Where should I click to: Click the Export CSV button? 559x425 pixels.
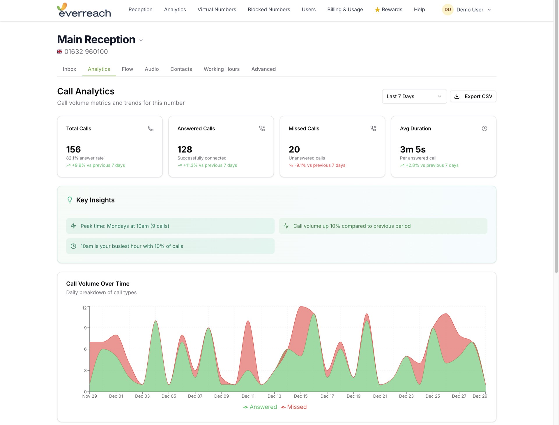(473, 96)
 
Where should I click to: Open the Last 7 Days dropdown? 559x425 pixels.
(414, 96)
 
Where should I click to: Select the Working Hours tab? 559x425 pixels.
(221, 69)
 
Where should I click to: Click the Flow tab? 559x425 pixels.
(127, 69)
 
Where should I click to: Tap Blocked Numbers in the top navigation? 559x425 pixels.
(269, 10)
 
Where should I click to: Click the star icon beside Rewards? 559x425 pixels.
(377, 10)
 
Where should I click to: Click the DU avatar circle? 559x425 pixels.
(447, 10)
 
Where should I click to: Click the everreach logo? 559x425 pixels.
(84, 10)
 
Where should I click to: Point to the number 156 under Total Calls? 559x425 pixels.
(73, 149)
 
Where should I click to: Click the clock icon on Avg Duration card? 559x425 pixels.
(484, 128)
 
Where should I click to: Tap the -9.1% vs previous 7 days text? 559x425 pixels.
(319, 165)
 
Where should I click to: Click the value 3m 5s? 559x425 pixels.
(413, 149)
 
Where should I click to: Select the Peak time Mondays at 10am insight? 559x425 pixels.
(170, 226)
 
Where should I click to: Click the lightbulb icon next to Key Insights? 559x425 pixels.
(70, 200)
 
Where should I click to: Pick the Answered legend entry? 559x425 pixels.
(260, 407)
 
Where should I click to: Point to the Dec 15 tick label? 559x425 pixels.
(300, 396)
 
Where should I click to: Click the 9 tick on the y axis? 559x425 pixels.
(85, 328)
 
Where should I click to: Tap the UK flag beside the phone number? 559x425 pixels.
(60, 52)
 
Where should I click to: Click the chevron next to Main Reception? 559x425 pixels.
(141, 40)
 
